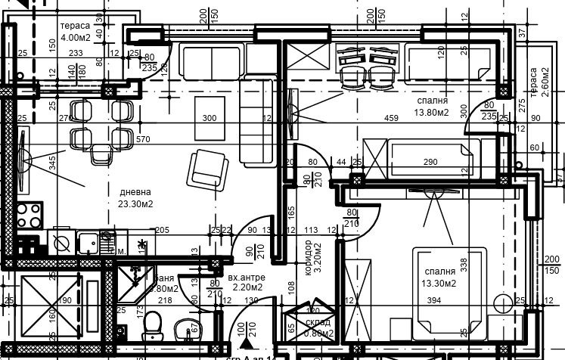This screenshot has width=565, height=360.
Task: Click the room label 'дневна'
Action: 134,192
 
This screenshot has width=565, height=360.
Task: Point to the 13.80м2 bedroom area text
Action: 432,112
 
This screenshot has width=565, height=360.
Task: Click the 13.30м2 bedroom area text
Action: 439,283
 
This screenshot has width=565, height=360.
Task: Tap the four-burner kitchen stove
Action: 30,216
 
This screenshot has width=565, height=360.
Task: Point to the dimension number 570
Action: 144,140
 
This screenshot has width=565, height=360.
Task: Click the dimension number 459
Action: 390,118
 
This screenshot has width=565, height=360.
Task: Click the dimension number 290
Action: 430,163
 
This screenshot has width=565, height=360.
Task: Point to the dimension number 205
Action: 161,230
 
